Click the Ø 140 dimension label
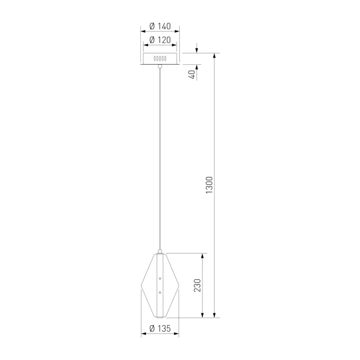click(x=160, y=26)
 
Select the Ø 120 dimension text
click(x=160, y=40)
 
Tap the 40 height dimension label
click(x=192, y=74)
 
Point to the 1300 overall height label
click(x=209, y=185)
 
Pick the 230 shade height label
click(x=197, y=285)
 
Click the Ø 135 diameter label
click(x=160, y=328)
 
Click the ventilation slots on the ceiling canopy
click(x=160, y=58)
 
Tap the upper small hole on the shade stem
click(x=160, y=279)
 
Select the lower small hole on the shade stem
click(x=160, y=292)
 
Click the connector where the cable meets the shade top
click(x=160, y=252)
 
